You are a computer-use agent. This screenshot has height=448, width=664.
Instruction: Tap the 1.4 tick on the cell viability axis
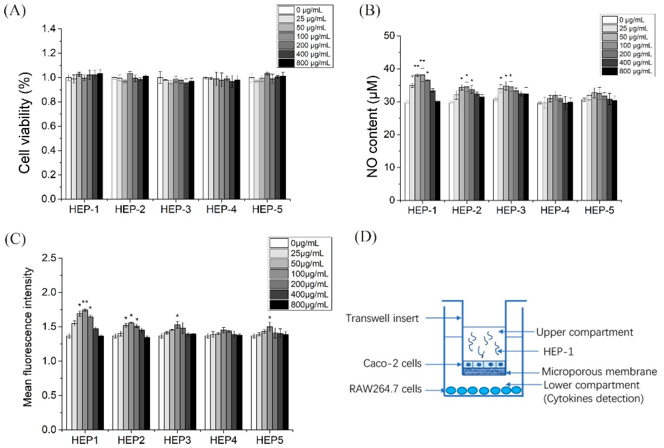(x=51, y=29)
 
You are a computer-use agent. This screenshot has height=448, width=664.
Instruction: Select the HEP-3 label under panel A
(x=175, y=209)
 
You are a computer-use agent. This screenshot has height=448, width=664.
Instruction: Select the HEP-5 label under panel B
(x=599, y=210)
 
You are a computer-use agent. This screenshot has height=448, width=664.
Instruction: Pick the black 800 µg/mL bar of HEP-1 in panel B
(x=437, y=150)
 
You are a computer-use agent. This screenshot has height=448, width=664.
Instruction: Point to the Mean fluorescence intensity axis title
(x=28, y=337)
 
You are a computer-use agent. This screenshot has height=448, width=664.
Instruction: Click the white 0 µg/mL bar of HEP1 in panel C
(x=69, y=383)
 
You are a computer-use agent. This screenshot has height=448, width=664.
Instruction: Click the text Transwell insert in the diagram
(x=382, y=318)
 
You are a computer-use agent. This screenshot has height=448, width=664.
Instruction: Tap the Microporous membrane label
(x=599, y=372)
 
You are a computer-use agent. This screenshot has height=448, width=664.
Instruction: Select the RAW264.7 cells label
(x=385, y=389)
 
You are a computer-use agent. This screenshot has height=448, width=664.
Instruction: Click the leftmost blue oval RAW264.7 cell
(x=451, y=390)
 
